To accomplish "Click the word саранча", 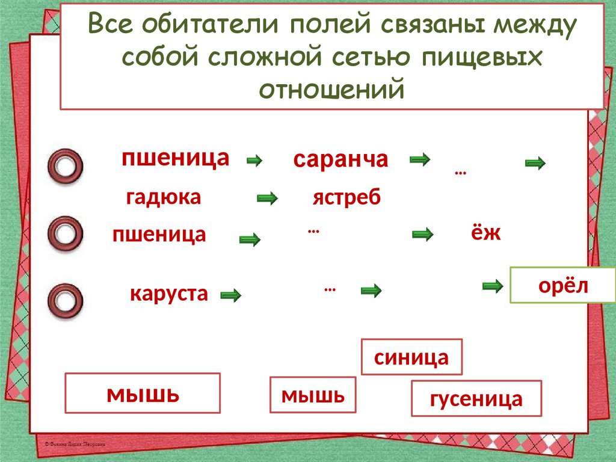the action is [340, 159].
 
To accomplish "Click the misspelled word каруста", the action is [169, 294].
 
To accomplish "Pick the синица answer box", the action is [411, 357].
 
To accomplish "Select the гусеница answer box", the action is [476, 398].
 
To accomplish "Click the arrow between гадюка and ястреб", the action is [267, 198].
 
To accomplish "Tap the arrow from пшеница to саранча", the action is [255, 161].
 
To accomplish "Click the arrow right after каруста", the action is [230, 295].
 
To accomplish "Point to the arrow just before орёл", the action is [493, 286].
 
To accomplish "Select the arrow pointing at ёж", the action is [422, 235].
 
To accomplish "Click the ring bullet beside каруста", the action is [65, 299].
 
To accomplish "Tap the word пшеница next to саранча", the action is [175, 158].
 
